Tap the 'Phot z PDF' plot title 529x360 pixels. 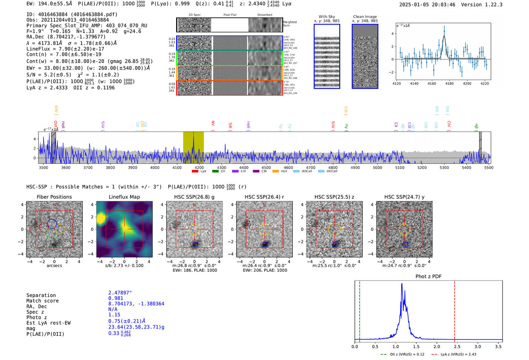428,276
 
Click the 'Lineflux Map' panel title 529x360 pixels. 124,197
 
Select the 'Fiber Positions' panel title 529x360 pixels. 54,197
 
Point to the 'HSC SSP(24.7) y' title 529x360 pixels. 404,197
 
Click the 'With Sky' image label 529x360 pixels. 327,17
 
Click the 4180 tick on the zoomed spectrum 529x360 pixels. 449,83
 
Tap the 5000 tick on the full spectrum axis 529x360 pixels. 377,167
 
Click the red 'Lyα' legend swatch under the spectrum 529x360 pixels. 195,171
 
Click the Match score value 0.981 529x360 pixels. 116,298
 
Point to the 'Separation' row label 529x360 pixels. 41,295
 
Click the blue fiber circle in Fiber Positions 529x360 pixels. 52,224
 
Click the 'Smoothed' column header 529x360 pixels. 264,15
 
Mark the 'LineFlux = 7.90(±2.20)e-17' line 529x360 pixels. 65,49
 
